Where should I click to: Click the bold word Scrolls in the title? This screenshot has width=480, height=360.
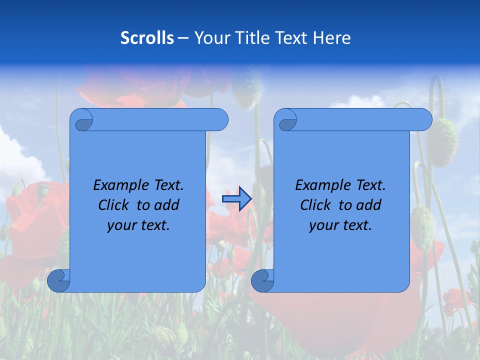147,38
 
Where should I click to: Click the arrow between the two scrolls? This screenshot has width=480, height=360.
236,199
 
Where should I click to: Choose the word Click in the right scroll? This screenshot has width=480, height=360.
316,205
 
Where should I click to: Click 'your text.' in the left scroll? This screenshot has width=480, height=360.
138,225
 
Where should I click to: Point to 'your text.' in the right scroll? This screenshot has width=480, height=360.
340,225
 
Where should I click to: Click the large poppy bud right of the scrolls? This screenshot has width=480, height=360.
443,142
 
